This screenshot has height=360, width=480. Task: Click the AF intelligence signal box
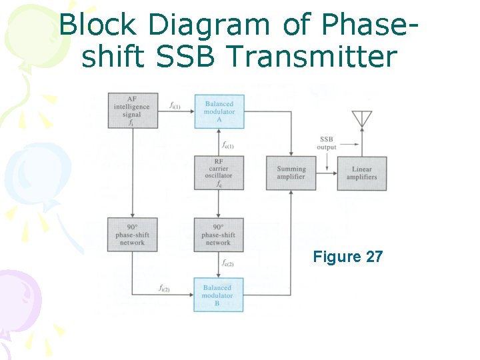tap(132, 111)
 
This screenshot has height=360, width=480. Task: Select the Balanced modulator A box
tap(219, 111)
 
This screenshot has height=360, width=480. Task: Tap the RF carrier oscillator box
tap(219, 173)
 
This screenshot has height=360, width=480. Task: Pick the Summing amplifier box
tap(291, 173)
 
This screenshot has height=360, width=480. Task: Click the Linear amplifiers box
tap(362, 173)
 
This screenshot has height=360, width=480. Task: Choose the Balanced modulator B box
tap(218, 295)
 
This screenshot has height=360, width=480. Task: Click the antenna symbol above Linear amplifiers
tap(362, 120)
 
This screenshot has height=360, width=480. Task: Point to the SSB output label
tap(327, 143)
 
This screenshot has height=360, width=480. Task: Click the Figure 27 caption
tap(348, 257)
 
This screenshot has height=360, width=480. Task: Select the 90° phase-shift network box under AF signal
tap(132, 235)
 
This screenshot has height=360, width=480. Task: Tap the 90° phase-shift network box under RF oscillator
tap(219, 235)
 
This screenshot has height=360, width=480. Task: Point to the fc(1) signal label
tap(228, 143)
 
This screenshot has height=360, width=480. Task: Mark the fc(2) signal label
tap(228, 264)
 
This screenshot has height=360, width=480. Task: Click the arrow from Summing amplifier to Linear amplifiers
tap(327, 173)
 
